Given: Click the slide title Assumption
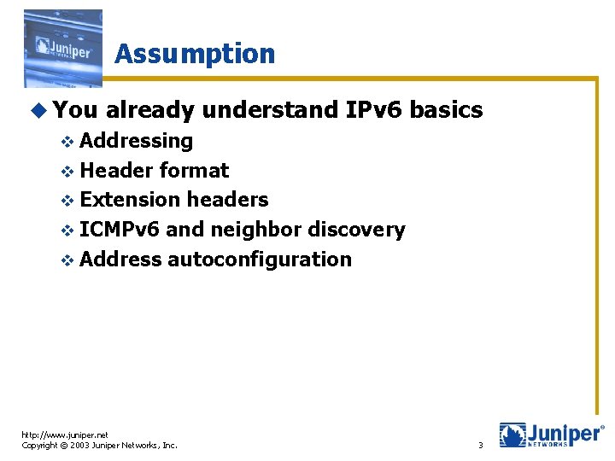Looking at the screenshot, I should pos(195,54).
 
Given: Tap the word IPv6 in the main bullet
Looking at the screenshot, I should pos(374,110).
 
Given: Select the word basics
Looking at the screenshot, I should pos(447,110).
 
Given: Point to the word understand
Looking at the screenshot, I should pos(272,110).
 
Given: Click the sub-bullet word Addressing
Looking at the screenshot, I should pos(137,141).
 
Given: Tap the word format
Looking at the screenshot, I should pos(194,171).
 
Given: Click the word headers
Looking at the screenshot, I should pos(227,200).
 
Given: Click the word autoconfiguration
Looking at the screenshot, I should pos(260,260).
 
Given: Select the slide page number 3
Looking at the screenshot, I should pos(480,445).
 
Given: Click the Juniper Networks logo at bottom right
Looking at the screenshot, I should pos(550,435).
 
